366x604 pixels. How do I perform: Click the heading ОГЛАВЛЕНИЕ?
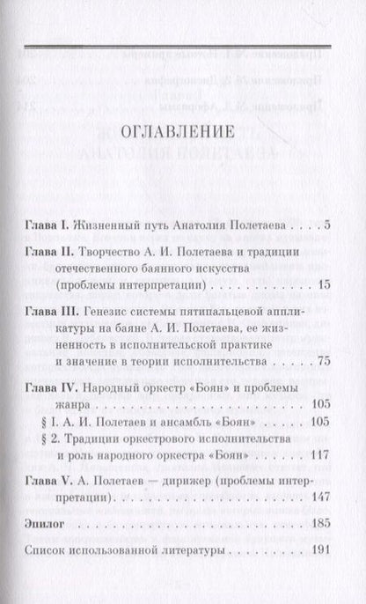(184, 134)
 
